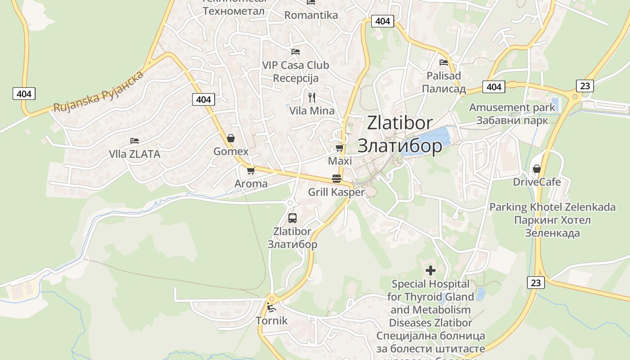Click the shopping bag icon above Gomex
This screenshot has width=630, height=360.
point(231,138)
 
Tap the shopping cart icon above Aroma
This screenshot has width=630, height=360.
point(251,171)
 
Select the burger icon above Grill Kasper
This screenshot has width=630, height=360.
point(336,178)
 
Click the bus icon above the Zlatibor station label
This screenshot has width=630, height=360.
point(292,218)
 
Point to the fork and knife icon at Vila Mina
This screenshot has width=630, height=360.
point(311,97)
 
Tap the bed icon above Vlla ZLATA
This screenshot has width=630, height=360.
point(134,141)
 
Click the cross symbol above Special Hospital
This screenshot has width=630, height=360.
point(431,270)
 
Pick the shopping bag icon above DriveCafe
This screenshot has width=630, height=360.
point(536,169)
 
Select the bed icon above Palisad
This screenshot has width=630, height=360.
point(444,63)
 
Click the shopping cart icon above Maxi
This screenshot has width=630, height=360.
point(340,148)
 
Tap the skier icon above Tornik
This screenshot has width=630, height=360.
point(271,307)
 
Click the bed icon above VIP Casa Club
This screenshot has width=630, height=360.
point(296,52)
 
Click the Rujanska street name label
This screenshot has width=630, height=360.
point(99,91)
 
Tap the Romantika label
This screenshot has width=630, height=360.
point(311,15)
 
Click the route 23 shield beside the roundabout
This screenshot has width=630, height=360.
point(585,85)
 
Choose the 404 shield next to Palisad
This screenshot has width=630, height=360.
point(494,87)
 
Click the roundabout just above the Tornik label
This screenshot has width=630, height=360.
point(271,298)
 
